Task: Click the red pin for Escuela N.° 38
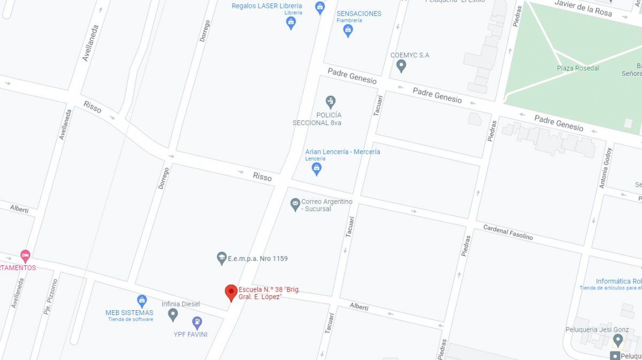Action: tap(231, 292)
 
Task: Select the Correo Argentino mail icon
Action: tap(295, 204)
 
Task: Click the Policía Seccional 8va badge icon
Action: tap(331, 101)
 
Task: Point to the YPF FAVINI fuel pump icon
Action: tap(197, 323)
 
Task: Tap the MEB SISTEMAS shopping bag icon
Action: tap(141, 301)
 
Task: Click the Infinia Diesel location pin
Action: tap(172, 315)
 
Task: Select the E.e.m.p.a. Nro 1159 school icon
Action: tap(221, 258)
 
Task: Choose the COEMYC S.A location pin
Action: tap(401, 66)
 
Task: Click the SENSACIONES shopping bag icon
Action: tap(348, 30)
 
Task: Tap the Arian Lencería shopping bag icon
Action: tap(317, 169)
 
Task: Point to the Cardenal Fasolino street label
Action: tap(508, 232)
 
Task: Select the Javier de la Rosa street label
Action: tap(583, 8)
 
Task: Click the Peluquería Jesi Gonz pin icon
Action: tap(618, 340)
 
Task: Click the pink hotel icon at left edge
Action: tap(25, 256)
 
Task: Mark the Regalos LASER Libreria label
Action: tap(266, 6)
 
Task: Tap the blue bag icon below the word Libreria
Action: tap(291, 22)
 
